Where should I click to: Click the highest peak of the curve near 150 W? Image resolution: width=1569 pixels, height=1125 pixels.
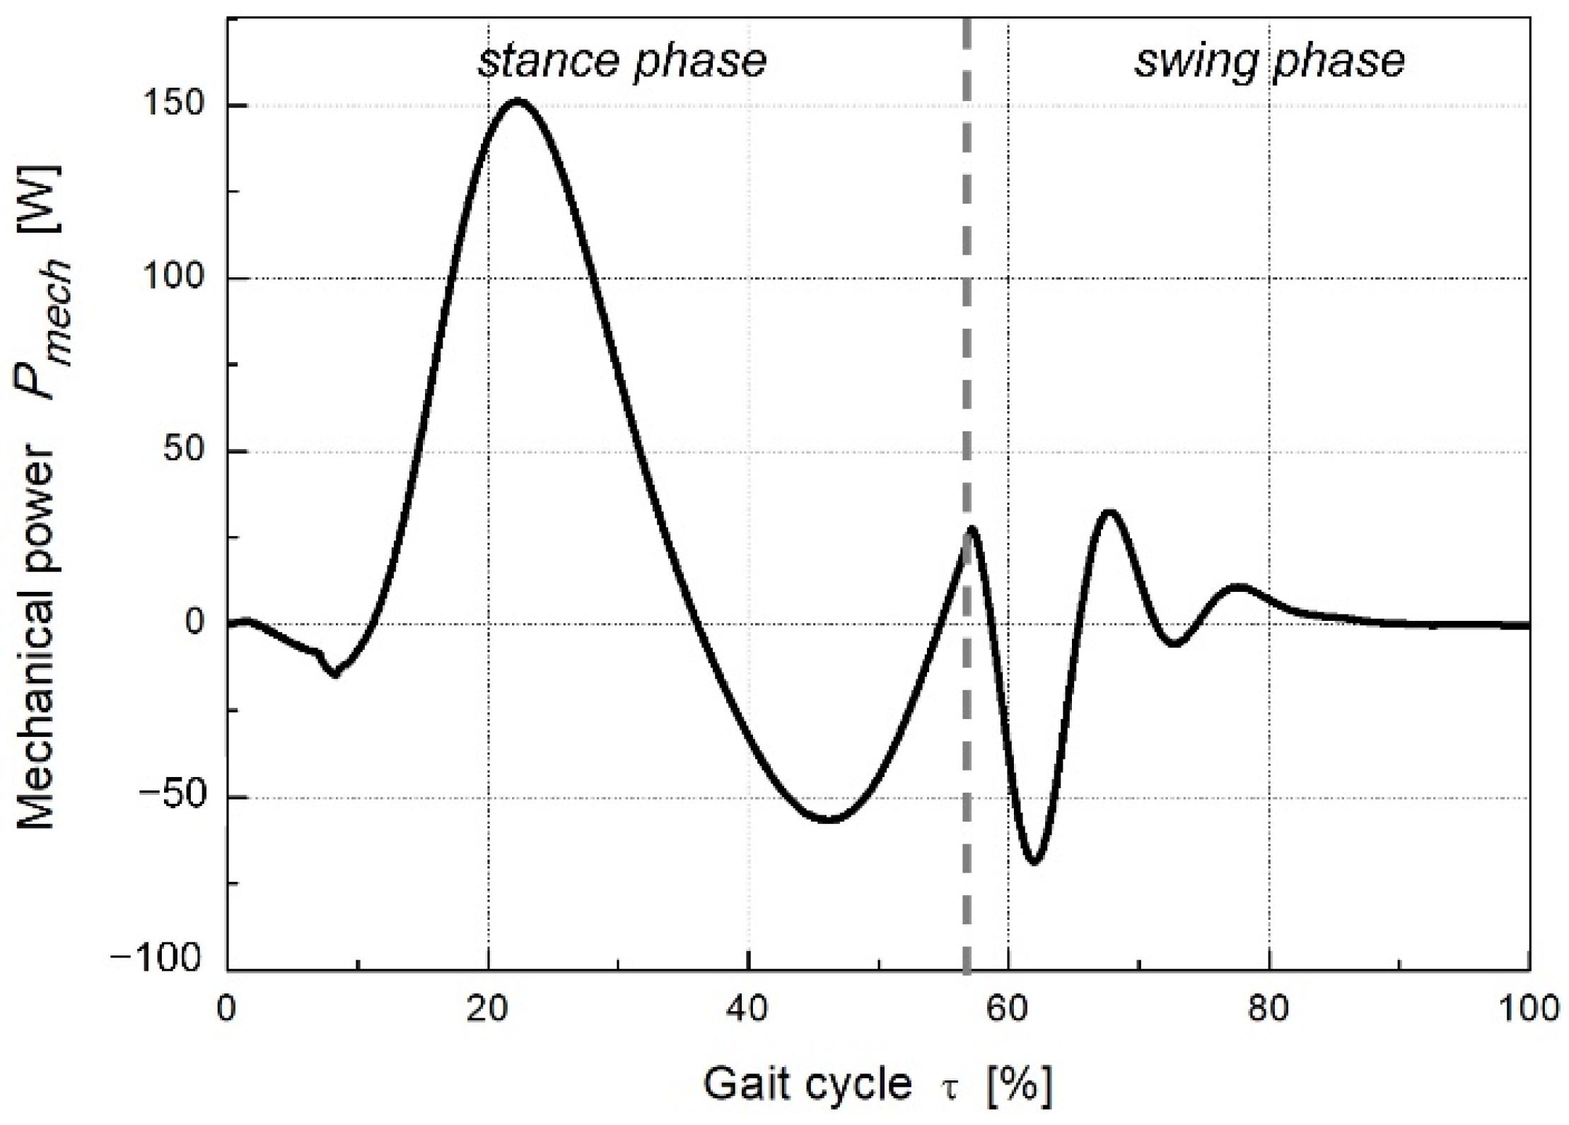(517, 100)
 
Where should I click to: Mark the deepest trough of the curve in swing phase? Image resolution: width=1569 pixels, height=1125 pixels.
(1034, 862)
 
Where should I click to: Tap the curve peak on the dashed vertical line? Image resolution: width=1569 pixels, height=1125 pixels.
(972, 528)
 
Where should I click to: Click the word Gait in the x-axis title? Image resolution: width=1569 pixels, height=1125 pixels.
(750, 1083)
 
